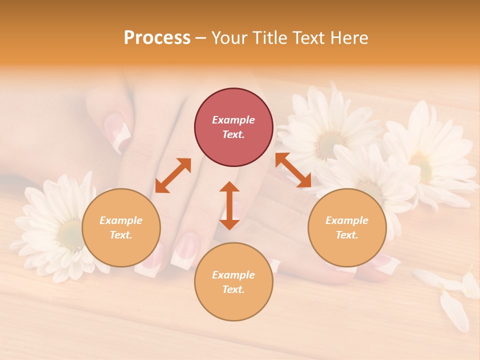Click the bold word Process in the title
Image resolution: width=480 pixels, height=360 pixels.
[157, 38]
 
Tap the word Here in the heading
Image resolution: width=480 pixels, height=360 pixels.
[349, 38]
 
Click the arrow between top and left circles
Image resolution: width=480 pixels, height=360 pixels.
[173, 175]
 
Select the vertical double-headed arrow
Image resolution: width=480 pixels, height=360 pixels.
[229, 205]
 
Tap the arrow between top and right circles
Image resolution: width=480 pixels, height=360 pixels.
[293, 170]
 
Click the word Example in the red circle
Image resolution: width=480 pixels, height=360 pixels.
[233, 120]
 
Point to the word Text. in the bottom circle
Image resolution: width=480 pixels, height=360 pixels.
[233, 289]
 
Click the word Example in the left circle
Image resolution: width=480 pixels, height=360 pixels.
[121, 220]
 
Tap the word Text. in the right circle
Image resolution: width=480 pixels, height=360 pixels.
[347, 235]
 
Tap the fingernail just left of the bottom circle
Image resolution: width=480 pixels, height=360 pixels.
[184, 250]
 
